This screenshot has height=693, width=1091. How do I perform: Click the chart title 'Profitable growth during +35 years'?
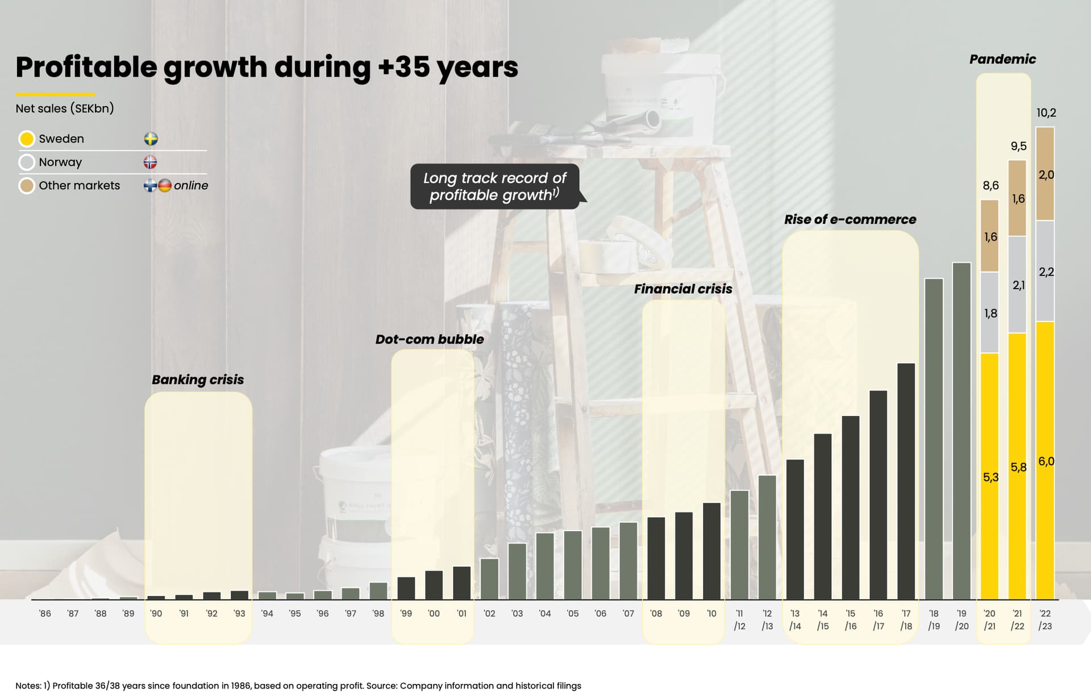point(266,67)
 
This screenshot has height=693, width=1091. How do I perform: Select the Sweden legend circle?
point(27,139)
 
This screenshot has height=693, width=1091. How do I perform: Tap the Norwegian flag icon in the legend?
point(150,162)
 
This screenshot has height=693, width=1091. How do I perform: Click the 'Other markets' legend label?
point(79,186)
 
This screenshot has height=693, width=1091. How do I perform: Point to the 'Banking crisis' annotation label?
point(198,379)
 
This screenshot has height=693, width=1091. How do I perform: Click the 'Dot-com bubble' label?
point(430,339)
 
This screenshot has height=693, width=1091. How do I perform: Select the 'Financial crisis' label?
point(683,289)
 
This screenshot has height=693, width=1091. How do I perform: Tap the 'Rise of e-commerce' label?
point(850,219)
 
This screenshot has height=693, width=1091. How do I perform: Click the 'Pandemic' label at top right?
point(1002,59)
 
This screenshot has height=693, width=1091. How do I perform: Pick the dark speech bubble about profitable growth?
point(495,186)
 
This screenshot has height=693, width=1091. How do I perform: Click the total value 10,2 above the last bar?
point(1046,112)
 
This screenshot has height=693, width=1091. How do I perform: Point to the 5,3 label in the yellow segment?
point(990,477)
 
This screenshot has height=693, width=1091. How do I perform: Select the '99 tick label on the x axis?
point(406,613)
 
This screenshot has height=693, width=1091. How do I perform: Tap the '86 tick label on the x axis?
point(45,613)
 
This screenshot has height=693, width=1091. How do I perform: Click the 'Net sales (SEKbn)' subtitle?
point(65,108)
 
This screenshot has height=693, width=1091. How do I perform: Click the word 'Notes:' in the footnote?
point(28,686)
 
